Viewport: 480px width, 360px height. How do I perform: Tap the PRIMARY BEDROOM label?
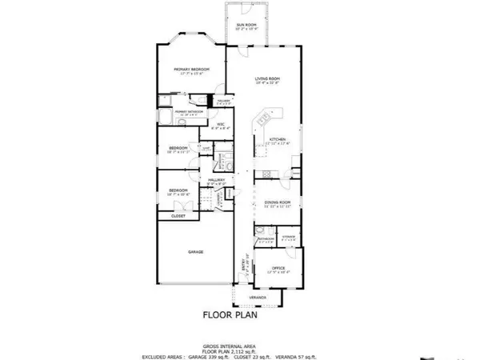(x=192, y=70)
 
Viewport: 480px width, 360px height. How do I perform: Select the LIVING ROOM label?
(x=266, y=78)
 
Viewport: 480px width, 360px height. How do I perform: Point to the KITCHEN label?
(x=266, y=138)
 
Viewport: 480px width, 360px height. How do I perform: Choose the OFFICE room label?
(x=278, y=268)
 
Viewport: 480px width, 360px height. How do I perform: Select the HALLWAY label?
(x=216, y=180)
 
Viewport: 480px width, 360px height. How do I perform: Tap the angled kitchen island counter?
(x=261, y=124)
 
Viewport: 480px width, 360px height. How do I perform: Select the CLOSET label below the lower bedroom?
(x=178, y=216)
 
